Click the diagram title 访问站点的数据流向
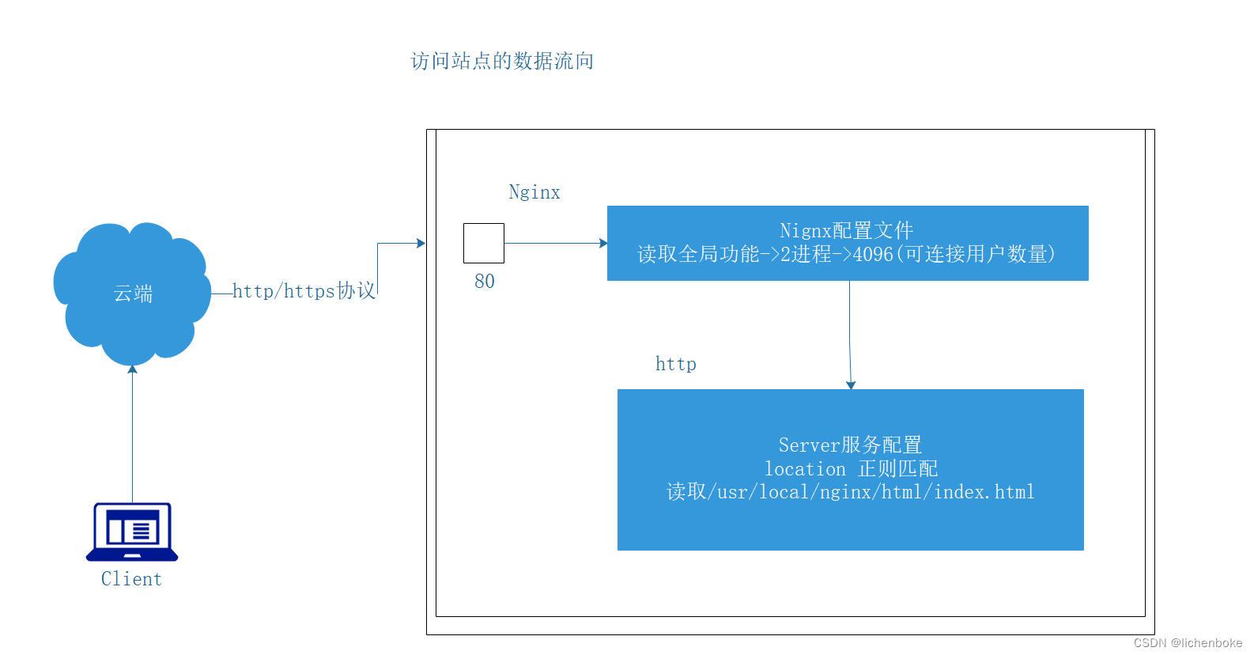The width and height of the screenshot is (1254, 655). click(502, 61)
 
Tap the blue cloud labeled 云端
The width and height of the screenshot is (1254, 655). click(132, 293)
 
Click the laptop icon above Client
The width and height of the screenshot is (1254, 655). click(132, 532)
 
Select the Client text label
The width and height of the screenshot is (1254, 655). click(131, 579)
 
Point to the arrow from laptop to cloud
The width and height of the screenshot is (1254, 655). click(132, 435)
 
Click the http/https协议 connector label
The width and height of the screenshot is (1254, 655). click(304, 291)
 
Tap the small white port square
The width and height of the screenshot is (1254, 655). click(484, 243)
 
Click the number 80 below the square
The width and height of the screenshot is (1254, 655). click(484, 281)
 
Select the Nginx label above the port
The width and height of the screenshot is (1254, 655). click(534, 192)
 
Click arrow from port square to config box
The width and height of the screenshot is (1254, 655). click(553, 243)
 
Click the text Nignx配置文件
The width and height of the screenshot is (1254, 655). click(846, 230)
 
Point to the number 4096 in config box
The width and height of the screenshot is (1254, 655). click(873, 254)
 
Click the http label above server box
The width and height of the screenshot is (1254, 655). click(675, 364)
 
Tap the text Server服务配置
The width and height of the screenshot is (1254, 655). click(850, 445)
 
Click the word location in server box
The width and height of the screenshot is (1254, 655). click(805, 469)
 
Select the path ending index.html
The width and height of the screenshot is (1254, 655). click(851, 492)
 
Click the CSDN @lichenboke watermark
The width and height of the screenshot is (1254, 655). click(1188, 643)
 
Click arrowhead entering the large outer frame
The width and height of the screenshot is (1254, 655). click(421, 243)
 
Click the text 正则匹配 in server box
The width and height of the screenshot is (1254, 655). click(898, 469)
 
